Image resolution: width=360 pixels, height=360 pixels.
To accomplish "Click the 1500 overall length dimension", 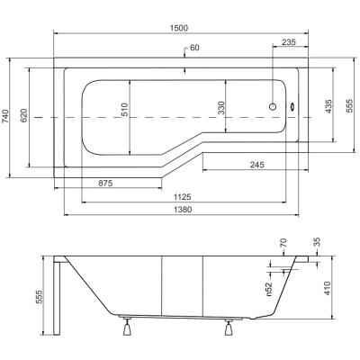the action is [179, 28].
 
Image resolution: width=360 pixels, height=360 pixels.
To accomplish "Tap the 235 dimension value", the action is [289, 42].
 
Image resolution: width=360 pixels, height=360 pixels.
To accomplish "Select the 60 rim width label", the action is [194, 48].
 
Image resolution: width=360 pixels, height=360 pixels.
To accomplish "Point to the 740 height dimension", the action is [5, 116].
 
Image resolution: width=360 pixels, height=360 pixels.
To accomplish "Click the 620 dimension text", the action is [23, 116].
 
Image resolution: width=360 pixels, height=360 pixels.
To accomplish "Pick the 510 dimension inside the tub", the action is [124, 110].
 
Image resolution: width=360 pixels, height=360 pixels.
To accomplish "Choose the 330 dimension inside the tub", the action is [221, 108].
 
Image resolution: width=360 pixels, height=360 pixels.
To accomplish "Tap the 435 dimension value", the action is [328, 106].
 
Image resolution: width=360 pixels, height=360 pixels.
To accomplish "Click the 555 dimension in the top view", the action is [350, 105].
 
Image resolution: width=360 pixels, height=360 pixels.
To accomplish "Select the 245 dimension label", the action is [257, 165].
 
